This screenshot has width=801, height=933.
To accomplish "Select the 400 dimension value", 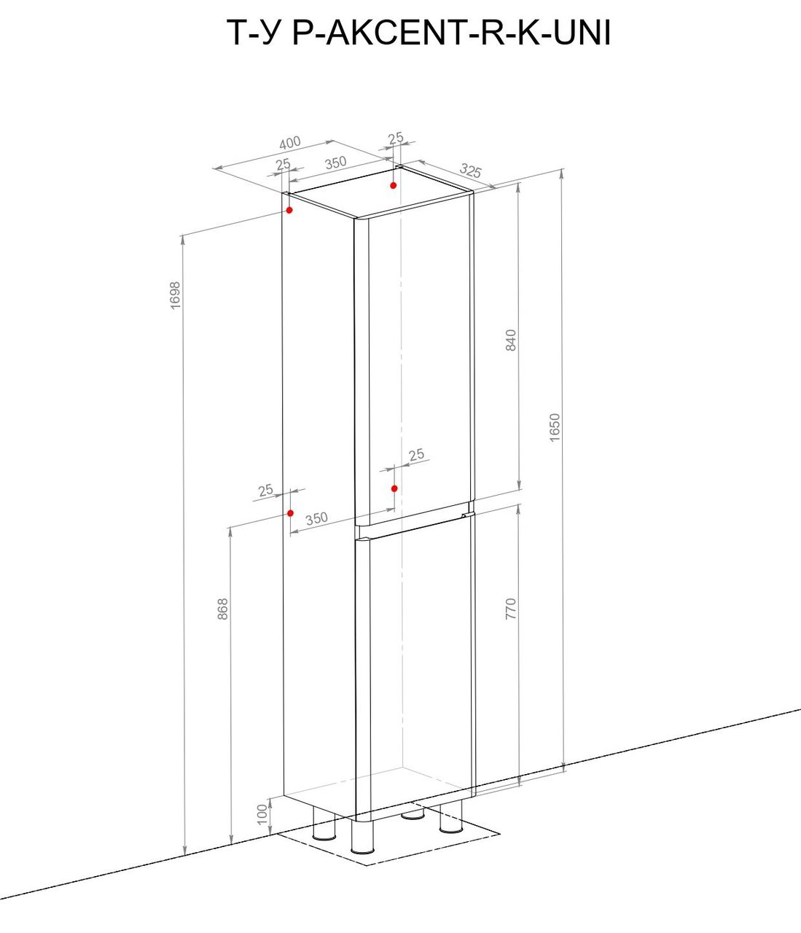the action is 289,143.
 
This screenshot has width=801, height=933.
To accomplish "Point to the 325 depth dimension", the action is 471,170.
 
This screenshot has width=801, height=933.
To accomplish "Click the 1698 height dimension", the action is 175,295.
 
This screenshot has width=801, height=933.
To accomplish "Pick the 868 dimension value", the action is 222,609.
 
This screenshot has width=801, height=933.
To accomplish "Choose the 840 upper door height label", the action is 510,340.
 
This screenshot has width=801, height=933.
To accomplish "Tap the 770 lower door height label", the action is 510,609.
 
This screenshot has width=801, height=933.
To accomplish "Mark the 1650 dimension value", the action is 555,427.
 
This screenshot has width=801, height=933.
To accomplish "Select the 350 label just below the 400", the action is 336,163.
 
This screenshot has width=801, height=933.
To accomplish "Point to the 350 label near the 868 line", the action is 316,518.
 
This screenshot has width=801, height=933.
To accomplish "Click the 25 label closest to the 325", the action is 396,138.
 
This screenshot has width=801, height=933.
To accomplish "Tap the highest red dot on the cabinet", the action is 394,185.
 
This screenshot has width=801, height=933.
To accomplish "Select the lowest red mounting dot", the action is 290,513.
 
